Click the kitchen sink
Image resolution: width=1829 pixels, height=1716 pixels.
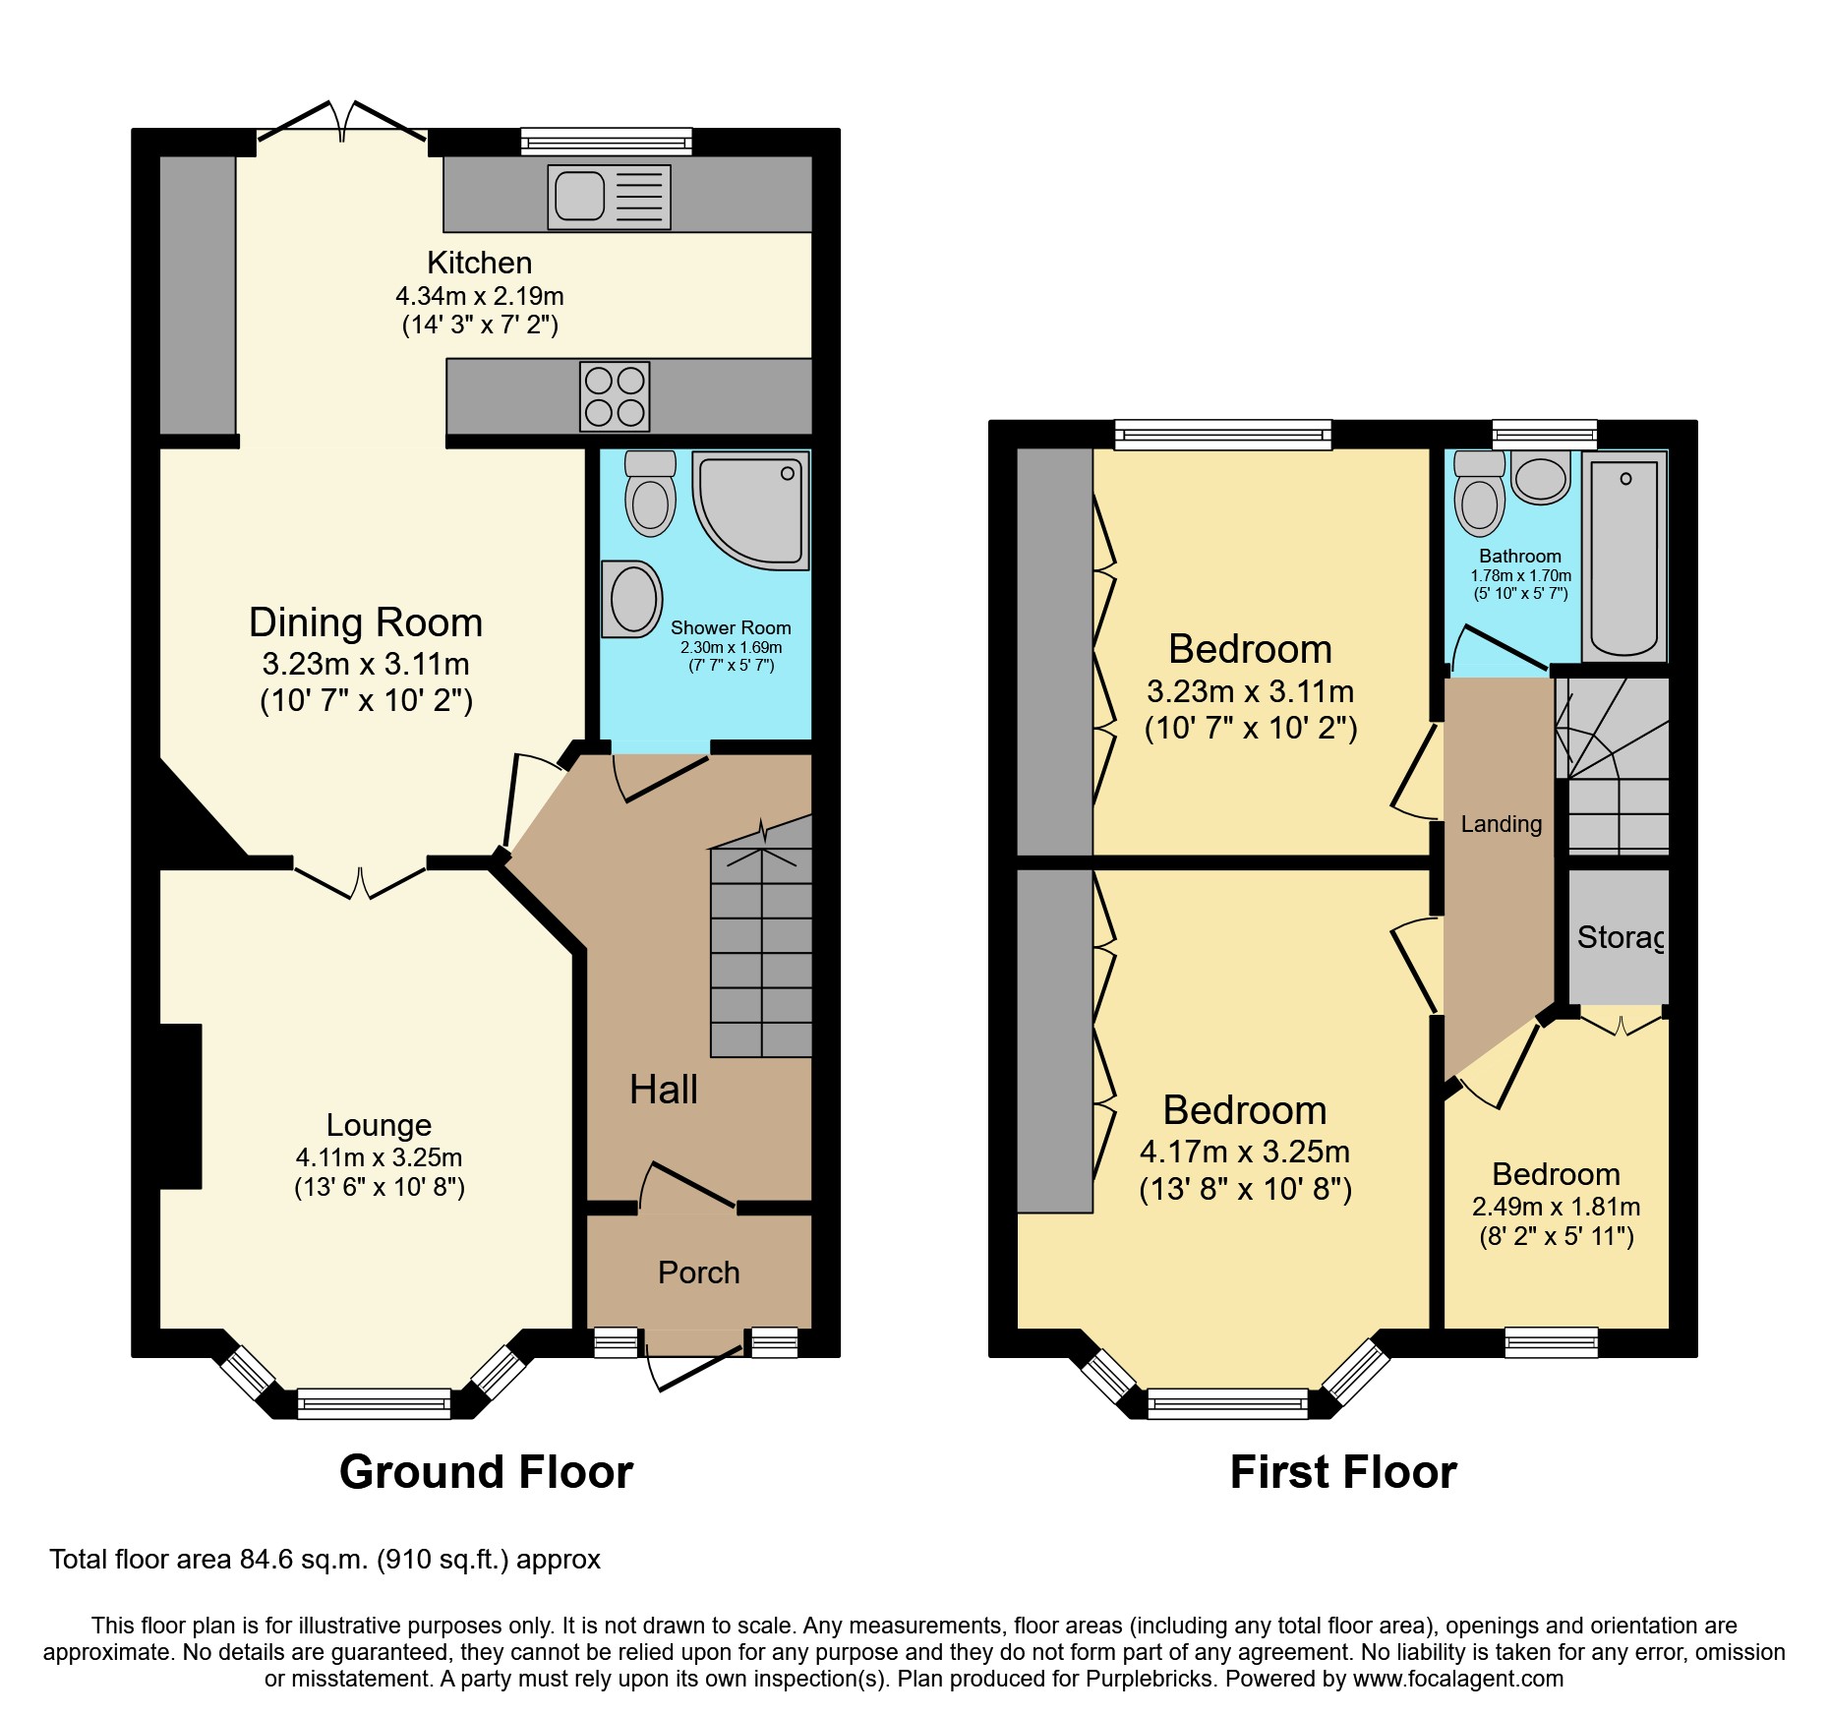tap(609, 197)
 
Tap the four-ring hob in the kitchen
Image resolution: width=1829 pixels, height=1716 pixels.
tap(615, 396)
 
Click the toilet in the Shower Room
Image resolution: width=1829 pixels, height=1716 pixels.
tap(650, 494)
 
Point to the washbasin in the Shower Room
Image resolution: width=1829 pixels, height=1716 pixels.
tap(631, 599)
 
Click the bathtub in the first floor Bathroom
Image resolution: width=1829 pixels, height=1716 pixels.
tap(1623, 557)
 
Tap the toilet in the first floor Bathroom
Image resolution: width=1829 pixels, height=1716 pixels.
tap(1479, 494)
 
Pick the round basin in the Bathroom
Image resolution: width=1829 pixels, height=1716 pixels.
tap(1540, 478)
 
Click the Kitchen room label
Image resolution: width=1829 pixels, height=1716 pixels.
tap(479, 263)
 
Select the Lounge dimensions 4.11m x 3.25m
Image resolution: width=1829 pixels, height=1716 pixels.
tap(379, 1157)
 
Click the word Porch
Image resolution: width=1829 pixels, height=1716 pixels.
tap(698, 1272)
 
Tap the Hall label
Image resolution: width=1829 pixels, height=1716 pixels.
tap(663, 1090)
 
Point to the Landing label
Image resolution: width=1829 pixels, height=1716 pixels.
tap(1501, 824)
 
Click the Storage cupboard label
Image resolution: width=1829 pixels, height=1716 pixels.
tap(1619, 937)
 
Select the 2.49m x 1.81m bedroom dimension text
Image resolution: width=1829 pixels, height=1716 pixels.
tap(1556, 1207)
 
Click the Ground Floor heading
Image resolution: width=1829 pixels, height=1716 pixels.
tap(486, 1472)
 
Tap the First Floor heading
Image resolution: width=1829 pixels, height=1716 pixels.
tap(1342, 1472)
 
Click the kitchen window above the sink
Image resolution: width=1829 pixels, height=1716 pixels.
tap(606, 142)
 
